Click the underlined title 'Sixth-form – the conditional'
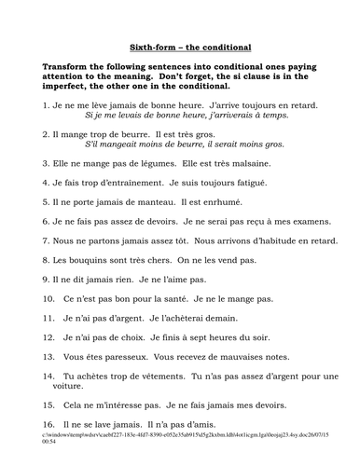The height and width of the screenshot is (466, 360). [x=180, y=47]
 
